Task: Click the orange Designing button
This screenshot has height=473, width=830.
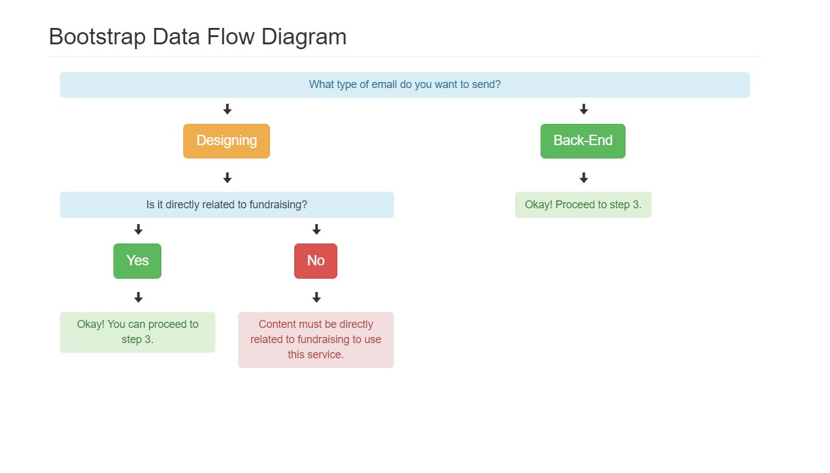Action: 226,141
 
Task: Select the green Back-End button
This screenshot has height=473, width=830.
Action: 582,141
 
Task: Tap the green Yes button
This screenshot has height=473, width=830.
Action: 137,261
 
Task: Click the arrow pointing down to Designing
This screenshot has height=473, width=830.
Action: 228,109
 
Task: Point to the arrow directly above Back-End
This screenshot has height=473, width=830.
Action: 584,109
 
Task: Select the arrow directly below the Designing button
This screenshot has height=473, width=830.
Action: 228,178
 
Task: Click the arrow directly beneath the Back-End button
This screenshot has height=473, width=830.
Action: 584,178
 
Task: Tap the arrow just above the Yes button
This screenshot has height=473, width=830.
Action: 138,230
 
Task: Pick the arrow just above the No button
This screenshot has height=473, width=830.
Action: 316,230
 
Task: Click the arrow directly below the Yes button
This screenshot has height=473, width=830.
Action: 138,298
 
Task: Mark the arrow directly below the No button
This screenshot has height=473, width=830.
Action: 316,298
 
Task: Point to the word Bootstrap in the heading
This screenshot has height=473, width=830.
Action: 97,36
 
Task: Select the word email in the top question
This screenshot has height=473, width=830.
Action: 384,84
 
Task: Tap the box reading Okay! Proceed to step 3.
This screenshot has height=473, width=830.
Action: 582,205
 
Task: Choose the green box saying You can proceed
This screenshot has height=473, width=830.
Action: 137,332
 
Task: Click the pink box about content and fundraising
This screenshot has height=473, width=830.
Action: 315,339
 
